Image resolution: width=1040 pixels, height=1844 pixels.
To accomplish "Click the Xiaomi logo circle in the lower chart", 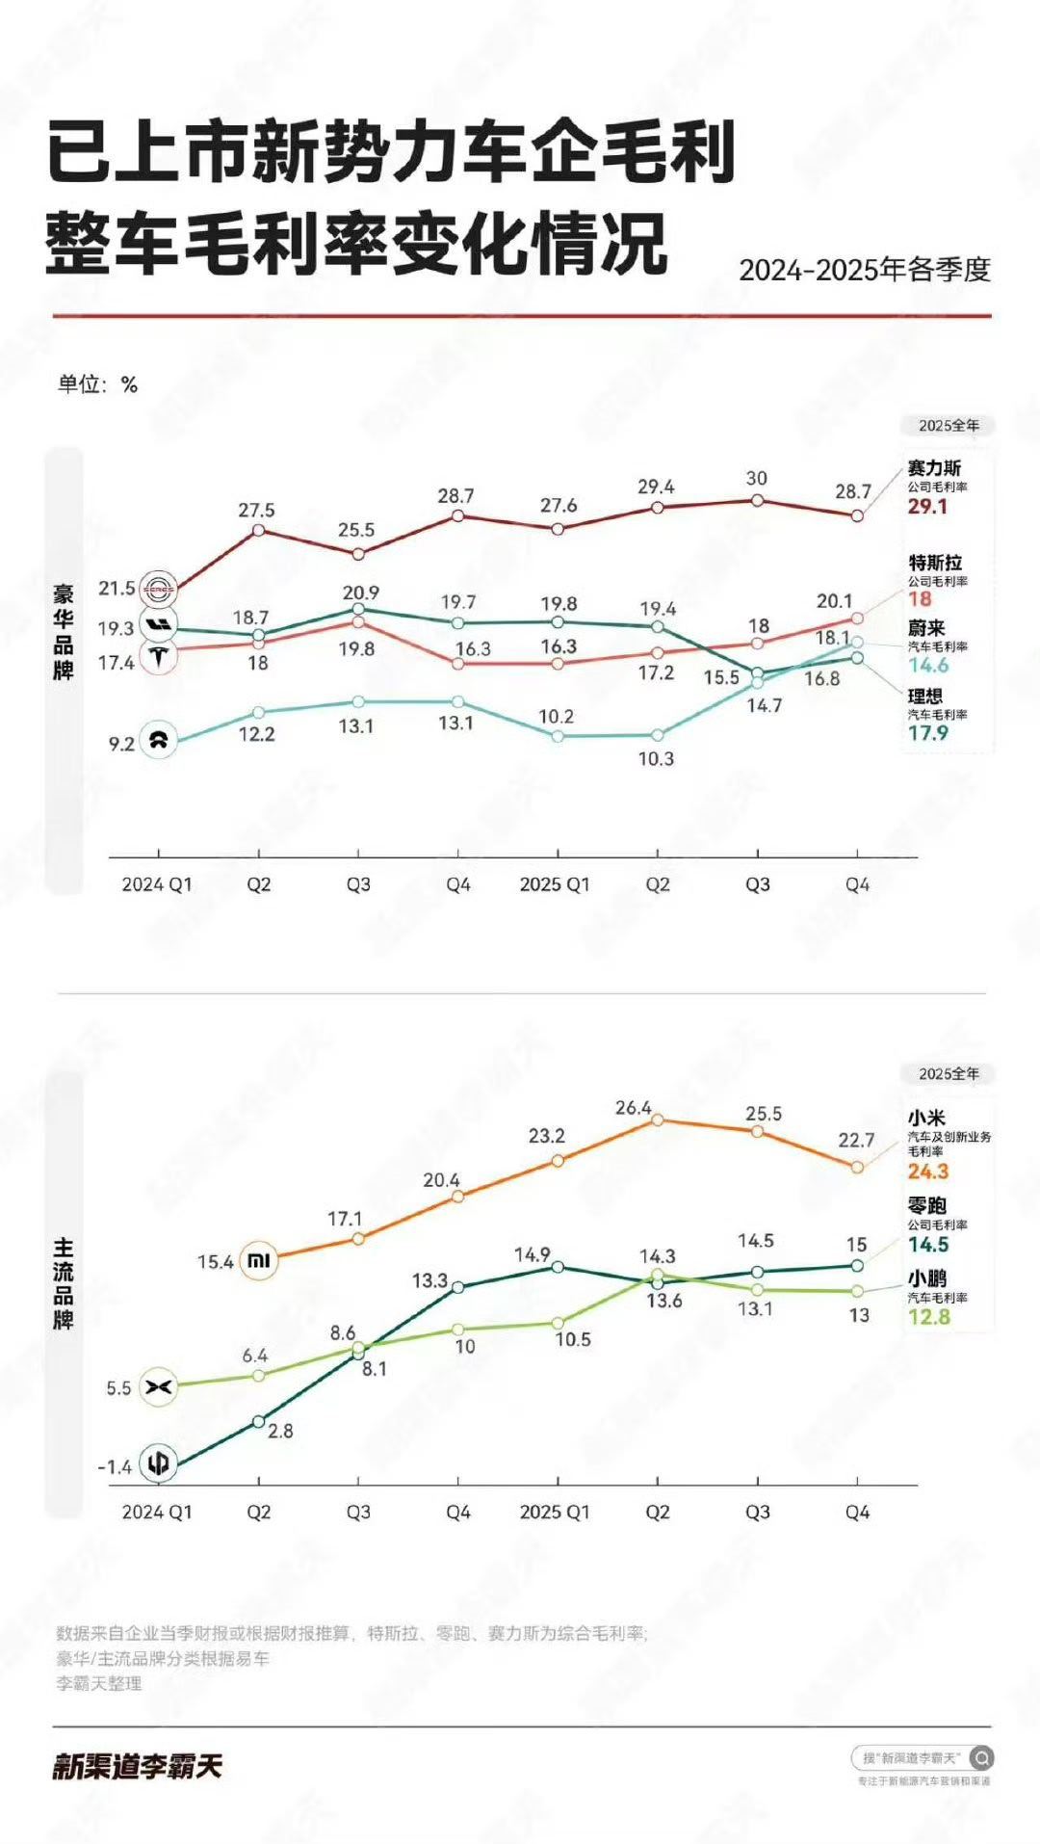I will [x=259, y=1260].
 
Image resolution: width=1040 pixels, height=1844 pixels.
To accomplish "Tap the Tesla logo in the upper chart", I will [x=159, y=658].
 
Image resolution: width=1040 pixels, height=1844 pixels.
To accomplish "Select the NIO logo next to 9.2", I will [x=159, y=741].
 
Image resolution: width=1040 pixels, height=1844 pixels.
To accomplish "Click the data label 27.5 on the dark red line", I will [x=257, y=510].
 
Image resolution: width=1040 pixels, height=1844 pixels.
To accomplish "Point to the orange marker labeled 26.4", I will [x=658, y=1120].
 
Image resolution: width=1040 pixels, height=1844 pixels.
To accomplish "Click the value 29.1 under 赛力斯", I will [x=926, y=507].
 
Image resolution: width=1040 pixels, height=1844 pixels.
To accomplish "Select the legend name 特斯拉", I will [x=935, y=563].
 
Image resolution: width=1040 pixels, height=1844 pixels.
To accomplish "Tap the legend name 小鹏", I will [x=926, y=1278].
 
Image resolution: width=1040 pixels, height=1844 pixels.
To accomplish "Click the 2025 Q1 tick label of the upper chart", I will [x=555, y=884].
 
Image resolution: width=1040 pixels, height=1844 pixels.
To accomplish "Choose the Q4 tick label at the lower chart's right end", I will [x=857, y=1512].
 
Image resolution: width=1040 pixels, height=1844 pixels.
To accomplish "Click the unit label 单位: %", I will [x=97, y=384].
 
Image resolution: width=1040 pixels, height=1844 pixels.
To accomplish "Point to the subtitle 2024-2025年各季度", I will [x=865, y=270].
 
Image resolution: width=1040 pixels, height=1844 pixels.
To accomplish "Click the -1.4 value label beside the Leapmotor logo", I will [x=115, y=1467].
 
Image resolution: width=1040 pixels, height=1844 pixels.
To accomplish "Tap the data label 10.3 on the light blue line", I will [x=656, y=759].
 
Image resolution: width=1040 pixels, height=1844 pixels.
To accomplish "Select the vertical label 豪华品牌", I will [x=64, y=632].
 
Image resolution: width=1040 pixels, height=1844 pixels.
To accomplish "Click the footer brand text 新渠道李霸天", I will [x=137, y=1766].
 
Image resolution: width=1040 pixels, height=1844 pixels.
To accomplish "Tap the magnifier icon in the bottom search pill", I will [x=980, y=1758].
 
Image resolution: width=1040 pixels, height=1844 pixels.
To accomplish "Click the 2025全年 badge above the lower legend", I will [x=949, y=1073].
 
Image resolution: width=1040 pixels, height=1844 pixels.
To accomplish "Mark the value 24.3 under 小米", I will [x=927, y=1172].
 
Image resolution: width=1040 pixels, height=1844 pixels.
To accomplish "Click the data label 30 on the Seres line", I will [x=757, y=478].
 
